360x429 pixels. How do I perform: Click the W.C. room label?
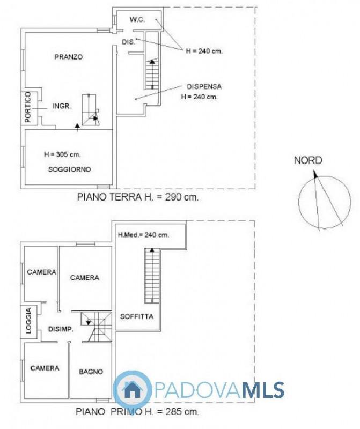pos(137,20)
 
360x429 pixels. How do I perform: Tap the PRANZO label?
pos(69,57)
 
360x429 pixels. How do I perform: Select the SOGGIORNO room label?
pos(69,169)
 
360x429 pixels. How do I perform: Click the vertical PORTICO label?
pos(28,107)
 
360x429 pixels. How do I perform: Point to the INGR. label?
pos(62,106)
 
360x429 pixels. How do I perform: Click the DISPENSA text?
pos(204,86)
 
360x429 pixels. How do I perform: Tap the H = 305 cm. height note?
pos(62,154)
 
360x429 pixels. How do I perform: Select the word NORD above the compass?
pos(308,160)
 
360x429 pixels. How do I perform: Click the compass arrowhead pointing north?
pos(315,174)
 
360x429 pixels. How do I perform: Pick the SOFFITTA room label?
pos(137,316)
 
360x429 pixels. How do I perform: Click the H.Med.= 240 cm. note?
pos(143,235)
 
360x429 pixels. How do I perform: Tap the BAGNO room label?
pos(91,372)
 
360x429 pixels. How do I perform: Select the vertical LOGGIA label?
pos(28,320)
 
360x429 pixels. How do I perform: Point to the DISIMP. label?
pos(61,329)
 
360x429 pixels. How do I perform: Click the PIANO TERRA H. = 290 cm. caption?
pos(138,197)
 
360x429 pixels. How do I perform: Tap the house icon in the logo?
pos(132,389)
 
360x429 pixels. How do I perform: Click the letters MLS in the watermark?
pos(264,390)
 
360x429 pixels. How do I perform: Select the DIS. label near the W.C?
pos(128,42)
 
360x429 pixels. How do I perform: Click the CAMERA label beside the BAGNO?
pos(45,368)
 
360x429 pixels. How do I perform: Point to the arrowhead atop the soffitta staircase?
pos(152,250)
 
